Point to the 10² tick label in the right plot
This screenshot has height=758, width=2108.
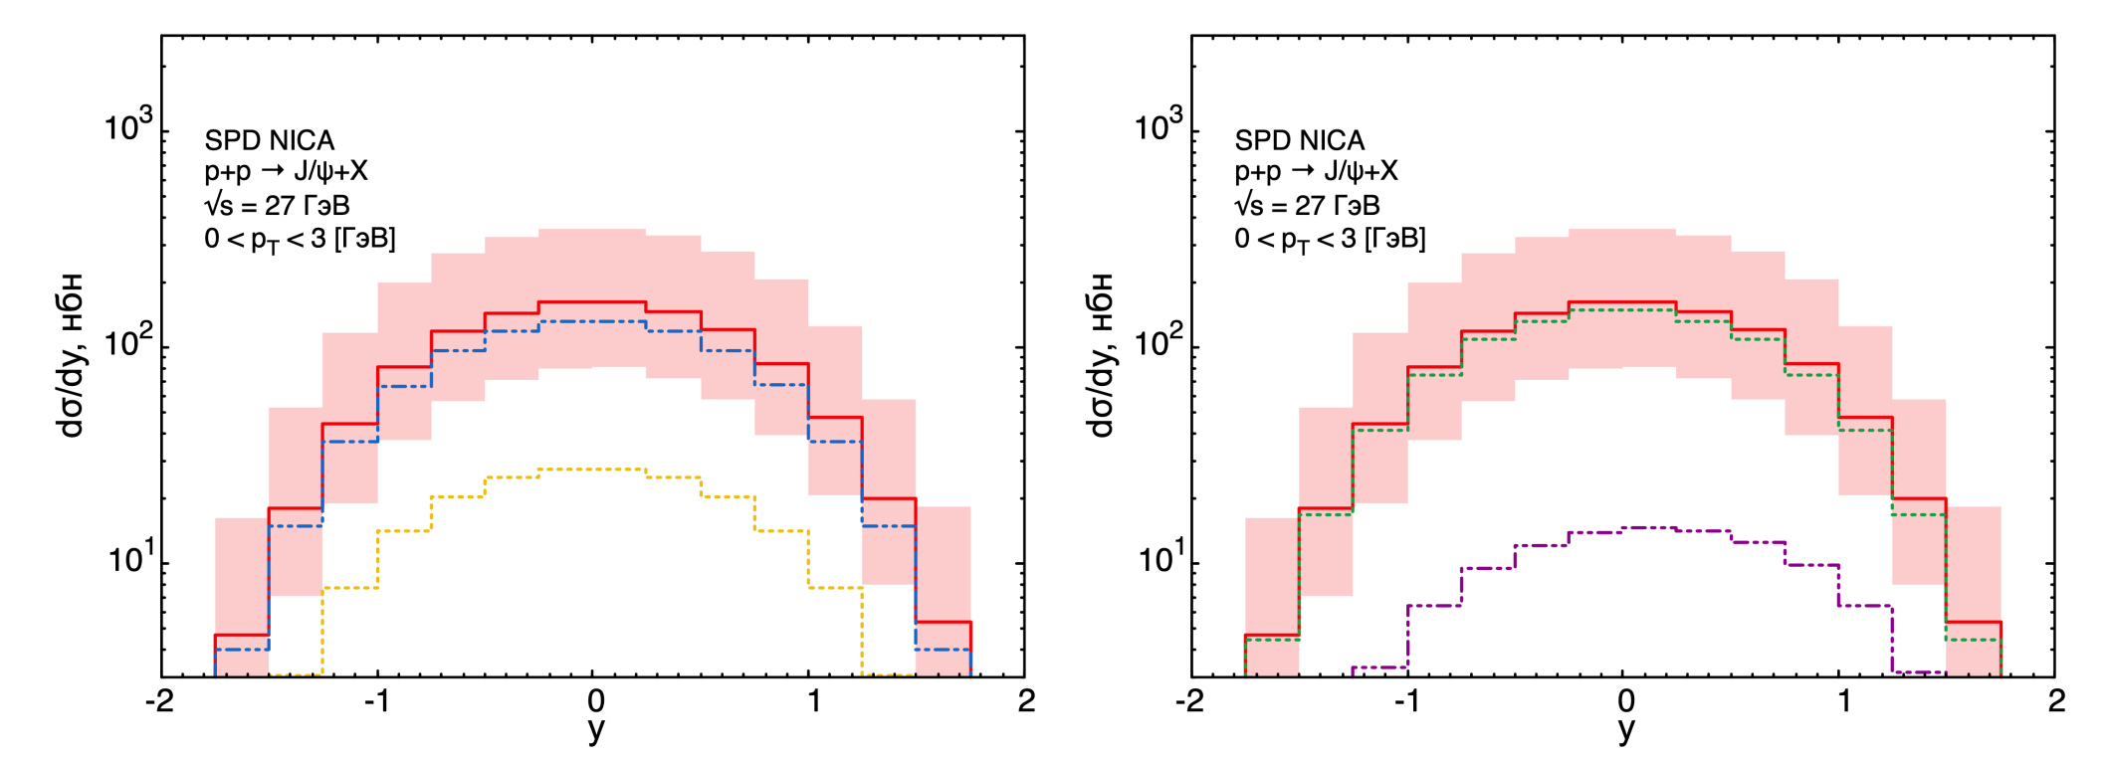pyautogui.click(x=1159, y=342)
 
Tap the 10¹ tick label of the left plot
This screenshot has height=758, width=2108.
pyautogui.click(x=129, y=558)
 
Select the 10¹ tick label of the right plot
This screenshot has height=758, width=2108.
pyautogui.click(x=1159, y=558)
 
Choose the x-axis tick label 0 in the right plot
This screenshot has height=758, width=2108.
pyautogui.click(x=1625, y=701)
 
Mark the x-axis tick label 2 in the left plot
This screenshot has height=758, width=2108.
pyautogui.click(x=1026, y=701)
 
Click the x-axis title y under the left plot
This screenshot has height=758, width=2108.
pyautogui.click(x=594, y=729)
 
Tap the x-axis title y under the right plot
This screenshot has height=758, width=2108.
pyautogui.click(x=1625, y=729)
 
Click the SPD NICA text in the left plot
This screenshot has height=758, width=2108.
pyautogui.click(x=269, y=140)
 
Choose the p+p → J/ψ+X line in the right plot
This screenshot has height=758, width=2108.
pyautogui.click(x=1316, y=171)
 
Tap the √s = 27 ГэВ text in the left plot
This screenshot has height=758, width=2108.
pyautogui.click(x=277, y=205)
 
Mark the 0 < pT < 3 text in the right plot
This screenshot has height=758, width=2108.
pyautogui.click(x=1330, y=239)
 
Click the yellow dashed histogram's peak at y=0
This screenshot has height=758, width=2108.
pyautogui.click(x=594, y=469)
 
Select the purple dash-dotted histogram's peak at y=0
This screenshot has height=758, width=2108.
pyautogui.click(x=1625, y=527)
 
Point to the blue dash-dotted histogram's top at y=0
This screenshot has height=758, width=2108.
pyautogui.click(x=594, y=321)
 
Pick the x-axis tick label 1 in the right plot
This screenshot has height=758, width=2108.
pyautogui.click(x=1843, y=701)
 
